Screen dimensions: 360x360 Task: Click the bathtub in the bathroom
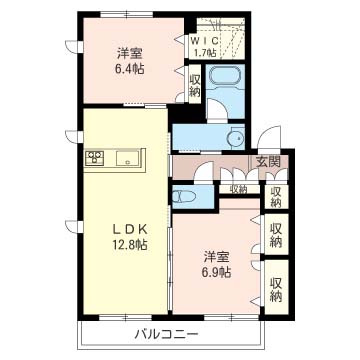click(225, 77)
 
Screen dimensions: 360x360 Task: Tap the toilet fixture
click(182, 197)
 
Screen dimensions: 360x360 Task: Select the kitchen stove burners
click(95, 157)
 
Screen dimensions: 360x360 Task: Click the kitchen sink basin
click(127, 158)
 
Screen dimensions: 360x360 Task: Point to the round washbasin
click(236, 138)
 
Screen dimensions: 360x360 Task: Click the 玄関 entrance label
click(268, 162)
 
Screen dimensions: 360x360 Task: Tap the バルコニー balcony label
click(166, 334)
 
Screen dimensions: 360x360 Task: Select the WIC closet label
click(205, 41)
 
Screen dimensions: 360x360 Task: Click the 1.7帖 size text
click(205, 52)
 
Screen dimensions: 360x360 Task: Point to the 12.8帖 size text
click(130, 245)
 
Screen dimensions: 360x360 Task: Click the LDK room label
click(129, 229)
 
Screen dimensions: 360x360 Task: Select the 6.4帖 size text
click(130, 69)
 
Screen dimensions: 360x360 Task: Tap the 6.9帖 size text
click(217, 273)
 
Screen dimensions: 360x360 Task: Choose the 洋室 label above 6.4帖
click(130, 53)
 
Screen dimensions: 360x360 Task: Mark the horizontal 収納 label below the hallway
click(239, 190)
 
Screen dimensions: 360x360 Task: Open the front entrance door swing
click(269, 138)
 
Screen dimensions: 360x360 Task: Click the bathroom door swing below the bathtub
click(217, 110)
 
